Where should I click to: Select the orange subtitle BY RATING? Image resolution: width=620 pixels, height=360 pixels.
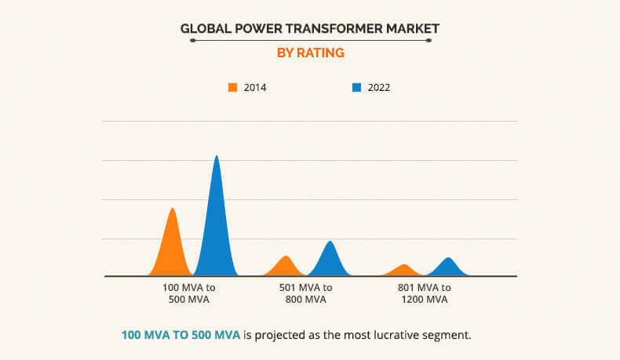click(x=310, y=53)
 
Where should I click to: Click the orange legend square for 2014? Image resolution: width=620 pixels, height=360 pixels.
click(x=232, y=87)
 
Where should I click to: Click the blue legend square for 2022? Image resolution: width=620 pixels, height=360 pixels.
click(x=356, y=87)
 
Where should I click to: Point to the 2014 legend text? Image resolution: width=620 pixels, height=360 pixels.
click(x=255, y=88)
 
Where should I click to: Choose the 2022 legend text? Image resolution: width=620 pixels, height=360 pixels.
click(x=379, y=88)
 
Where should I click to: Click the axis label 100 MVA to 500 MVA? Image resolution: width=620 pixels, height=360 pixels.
click(x=188, y=293)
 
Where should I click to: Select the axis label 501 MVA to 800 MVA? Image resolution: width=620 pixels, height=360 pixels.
click(x=305, y=293)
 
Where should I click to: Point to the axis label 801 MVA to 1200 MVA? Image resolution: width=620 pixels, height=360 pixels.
click(x=424, y=293)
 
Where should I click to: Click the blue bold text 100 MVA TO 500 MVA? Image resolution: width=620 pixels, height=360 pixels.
click(x=181, y=335)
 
